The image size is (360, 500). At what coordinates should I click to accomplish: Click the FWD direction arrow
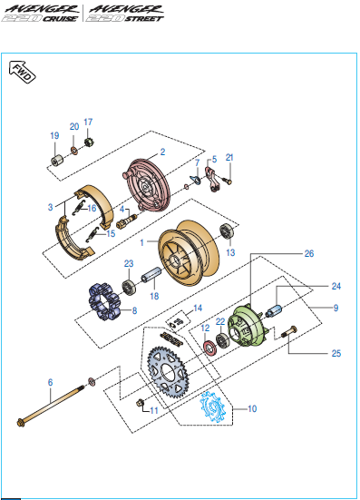click(22, 72)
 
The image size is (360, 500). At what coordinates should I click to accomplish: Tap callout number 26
click(309, 253)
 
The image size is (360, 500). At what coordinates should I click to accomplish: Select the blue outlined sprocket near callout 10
click(213, 407)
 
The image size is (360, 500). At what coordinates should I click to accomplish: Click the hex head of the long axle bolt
click(21, 423)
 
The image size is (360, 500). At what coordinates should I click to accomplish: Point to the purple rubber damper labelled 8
click(104, 301)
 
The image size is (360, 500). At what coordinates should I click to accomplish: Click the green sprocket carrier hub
click(248, 325)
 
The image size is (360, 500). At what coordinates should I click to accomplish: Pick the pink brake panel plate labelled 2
click(146, 186)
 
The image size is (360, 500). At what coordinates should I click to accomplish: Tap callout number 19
click(54, 135)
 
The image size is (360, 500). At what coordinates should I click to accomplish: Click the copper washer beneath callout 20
click(74, 150)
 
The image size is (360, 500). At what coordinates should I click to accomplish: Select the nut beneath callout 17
click(88, 142)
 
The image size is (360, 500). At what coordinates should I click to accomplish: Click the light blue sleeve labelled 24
click(274, 311)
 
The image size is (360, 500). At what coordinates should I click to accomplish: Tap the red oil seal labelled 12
click(209, 347)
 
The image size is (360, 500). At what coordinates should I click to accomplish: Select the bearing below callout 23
click(129, 287)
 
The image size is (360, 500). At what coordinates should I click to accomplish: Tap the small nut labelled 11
click(140, 403)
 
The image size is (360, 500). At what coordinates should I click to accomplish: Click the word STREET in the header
click(144, 19)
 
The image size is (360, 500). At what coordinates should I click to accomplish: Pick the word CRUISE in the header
click(60, 19)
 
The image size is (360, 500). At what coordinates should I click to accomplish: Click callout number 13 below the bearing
click(230, 253)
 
